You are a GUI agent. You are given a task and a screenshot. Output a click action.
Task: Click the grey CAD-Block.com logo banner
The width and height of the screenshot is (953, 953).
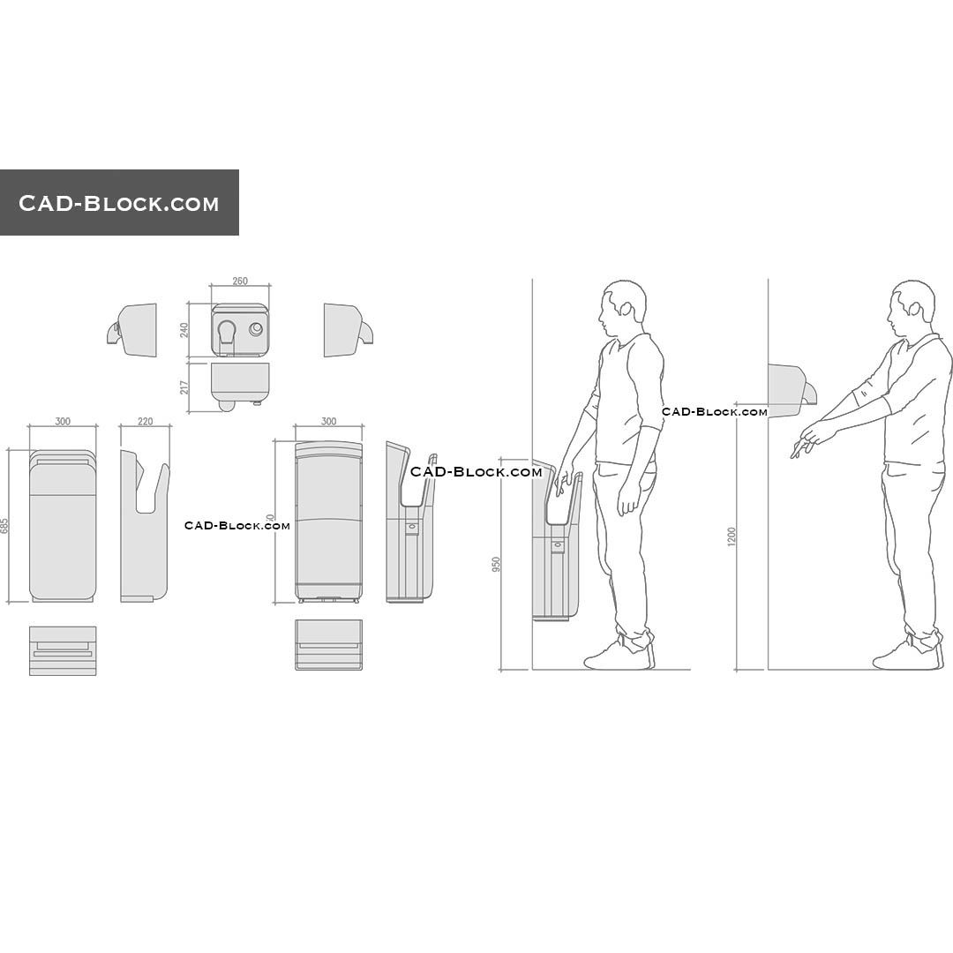coord(119,203)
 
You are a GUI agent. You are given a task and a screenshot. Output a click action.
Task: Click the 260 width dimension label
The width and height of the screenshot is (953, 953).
coord(240,281)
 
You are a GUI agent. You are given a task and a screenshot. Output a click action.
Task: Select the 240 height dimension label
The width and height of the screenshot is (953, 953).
coord(184,330)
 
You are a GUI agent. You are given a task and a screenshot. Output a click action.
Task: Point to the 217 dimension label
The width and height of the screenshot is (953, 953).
coord(184,386)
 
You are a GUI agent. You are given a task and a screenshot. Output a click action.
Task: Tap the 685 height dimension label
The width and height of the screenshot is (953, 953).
coord(4,526)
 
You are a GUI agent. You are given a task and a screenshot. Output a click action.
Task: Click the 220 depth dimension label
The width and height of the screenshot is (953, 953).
coord(145,422)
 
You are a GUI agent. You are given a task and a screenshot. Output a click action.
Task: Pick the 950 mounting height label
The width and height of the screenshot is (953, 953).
coord(496,565)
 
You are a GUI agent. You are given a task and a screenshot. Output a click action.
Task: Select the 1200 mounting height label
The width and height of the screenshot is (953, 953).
coord(732,537)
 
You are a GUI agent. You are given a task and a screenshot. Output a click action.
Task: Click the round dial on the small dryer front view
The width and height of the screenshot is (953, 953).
coord(256,329)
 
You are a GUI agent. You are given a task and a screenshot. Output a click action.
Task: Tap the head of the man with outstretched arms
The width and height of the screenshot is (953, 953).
coord(912,306)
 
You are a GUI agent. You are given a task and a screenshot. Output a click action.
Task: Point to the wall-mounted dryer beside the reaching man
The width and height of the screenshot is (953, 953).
coord(789,388)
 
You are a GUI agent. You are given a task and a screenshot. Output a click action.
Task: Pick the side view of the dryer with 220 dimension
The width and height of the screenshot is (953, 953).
coord(144,527)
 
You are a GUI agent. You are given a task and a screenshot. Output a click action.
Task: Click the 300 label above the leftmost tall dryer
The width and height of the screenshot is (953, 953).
coord(63,422)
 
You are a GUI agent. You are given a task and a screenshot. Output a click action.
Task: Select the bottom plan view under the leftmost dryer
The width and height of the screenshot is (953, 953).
coord(63,650)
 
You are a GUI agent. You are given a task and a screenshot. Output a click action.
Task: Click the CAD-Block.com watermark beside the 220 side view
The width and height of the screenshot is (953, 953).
coord(236,526)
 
